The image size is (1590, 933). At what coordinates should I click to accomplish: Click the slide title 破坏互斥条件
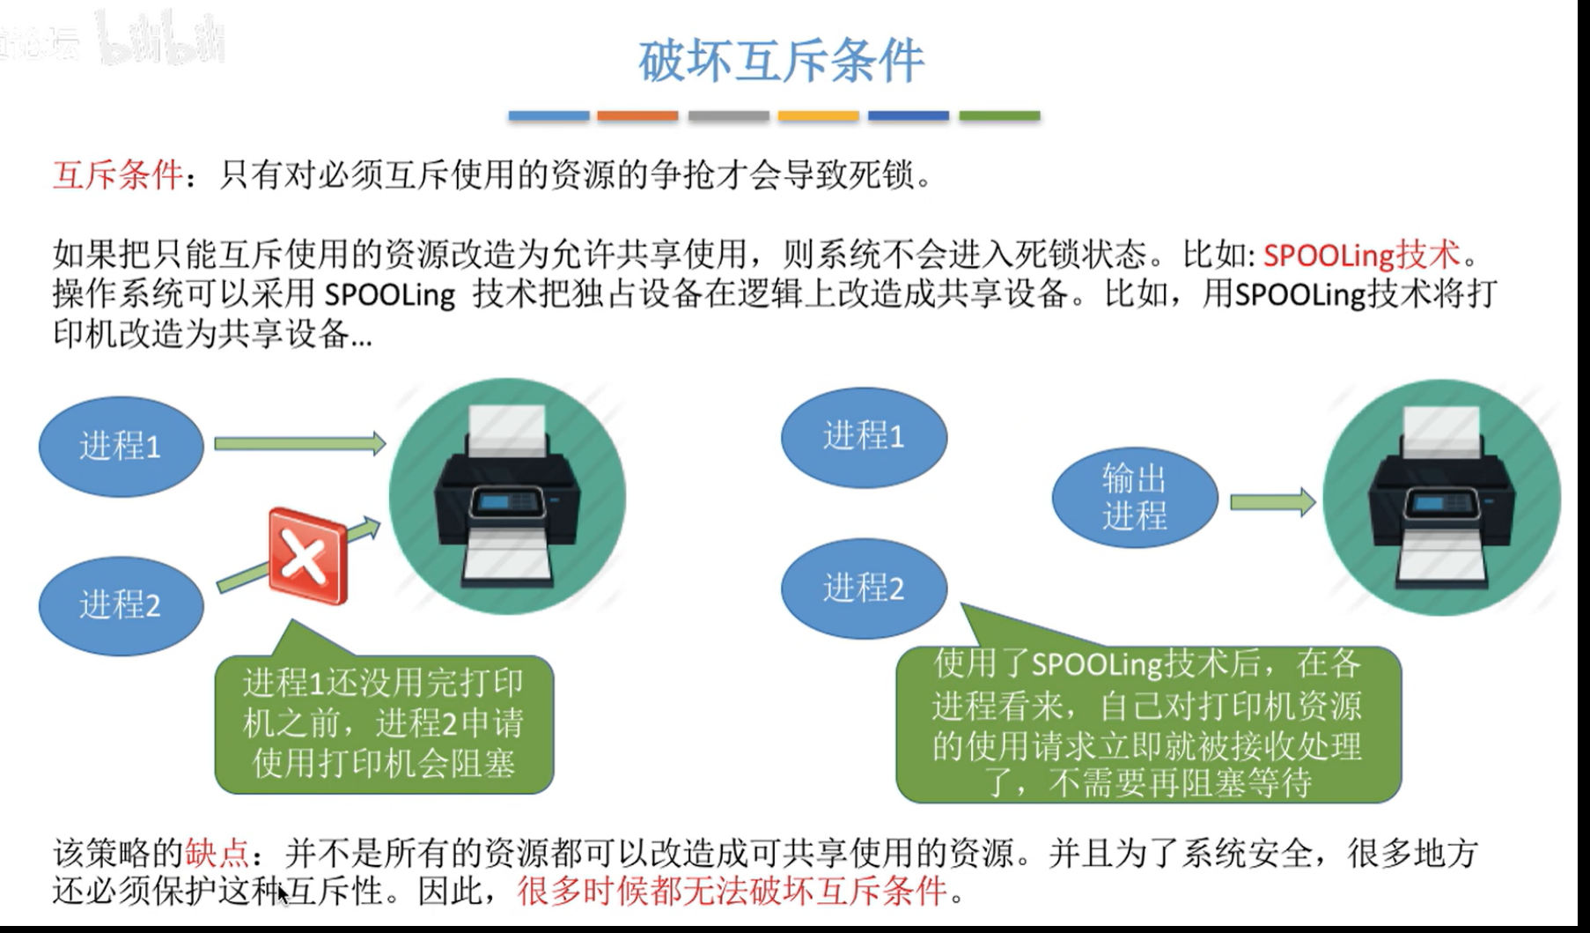(x=781, y=61)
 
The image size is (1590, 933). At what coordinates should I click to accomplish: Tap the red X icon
(x=307, y=556)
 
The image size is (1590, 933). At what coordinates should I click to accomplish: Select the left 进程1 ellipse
(x=121, y=446)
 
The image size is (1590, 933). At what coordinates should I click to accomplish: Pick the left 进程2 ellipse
(x=121, y=605)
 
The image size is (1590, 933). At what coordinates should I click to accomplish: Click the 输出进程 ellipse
(x=1134, y=498)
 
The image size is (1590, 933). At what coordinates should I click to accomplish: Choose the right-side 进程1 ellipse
(x=864, y=436)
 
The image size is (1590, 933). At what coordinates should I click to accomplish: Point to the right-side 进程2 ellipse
(x=864, y=588)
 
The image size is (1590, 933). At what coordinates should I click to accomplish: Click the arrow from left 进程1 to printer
(x=299, y=443)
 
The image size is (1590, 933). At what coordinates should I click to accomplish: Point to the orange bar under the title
(x=637, y=115)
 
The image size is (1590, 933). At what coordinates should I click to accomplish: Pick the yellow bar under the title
(x=818, y=115)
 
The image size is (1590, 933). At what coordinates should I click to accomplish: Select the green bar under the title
(x=999, y=115)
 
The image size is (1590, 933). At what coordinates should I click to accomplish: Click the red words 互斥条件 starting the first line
(x=118, y=174)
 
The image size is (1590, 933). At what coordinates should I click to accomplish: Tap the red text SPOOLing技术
(x=1361, y=255)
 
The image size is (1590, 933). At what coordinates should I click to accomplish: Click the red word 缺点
(x=217, y=853)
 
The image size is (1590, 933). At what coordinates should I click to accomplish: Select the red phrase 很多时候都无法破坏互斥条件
(x=732, y=892)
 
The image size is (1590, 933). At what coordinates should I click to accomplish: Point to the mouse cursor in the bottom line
(x=282, y=894)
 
